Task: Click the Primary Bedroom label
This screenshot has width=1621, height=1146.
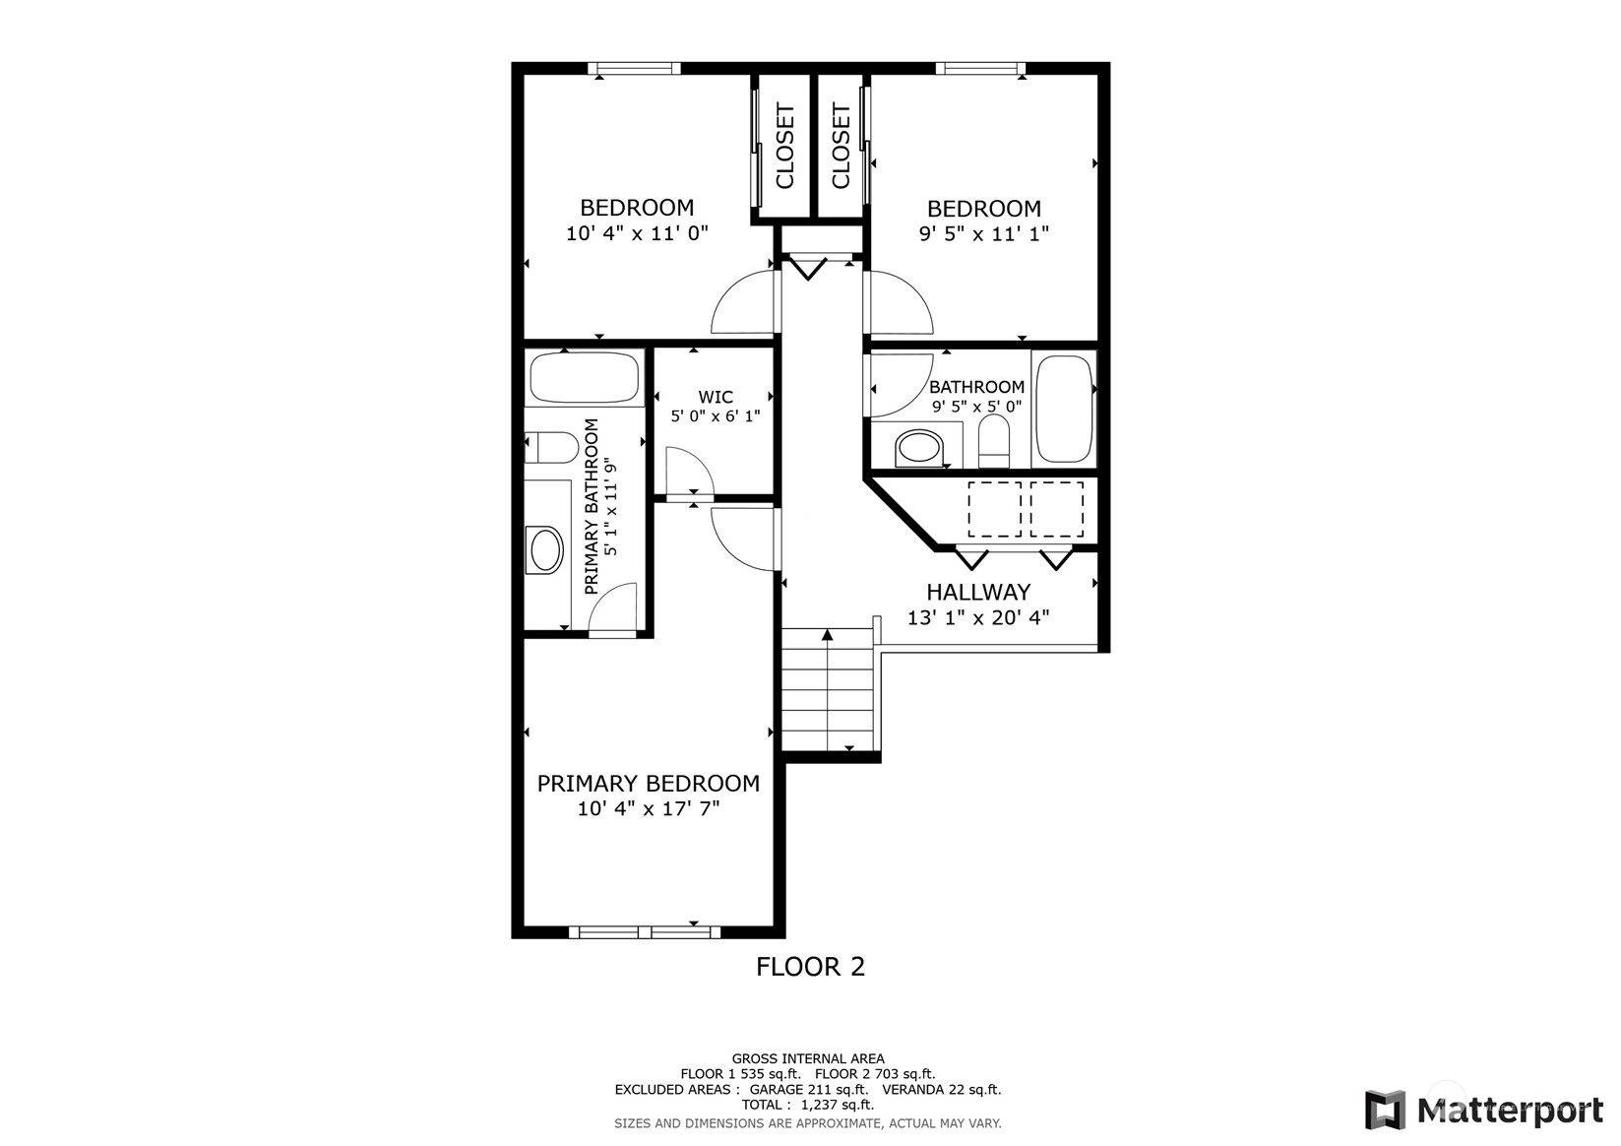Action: pyautogui.click(x=649, y=784)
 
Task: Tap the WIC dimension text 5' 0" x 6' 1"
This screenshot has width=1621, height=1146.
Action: pyautogui.click(x=716, y=416)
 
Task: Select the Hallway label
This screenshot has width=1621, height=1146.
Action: pyautogui.click(x=978, y=592)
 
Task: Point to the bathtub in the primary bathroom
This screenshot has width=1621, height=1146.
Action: pyautogui.click(x=585, y=377)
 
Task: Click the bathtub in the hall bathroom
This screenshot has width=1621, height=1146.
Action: pyautogui.click(x=1064, y=409)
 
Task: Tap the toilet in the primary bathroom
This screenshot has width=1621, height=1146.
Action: pyautogui.click(x=551, y=447)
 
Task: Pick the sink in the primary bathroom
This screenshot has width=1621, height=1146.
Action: pyautogui.click(x=546, y=550)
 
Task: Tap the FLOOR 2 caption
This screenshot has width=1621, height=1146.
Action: pyautogui.click(x=811, y=967)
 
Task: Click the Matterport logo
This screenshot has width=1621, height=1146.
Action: pyautogui.click(x=1483, y=1110)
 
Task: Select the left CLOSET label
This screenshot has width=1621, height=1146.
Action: pyautogui.click(x=785, y=147)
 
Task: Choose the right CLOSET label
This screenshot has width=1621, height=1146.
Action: pyautogui.click(x=841, y=147)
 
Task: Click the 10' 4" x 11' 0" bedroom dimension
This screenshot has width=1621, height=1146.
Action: pyautogui.click(x=637, y=233)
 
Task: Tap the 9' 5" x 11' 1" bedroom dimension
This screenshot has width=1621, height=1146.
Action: pyautogui.click(x=984, y=234)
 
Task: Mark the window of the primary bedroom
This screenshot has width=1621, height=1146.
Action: pyautogui.click(x=645, y=932)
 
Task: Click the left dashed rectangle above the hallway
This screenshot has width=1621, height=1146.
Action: pyautogui.click(x=995, y=510)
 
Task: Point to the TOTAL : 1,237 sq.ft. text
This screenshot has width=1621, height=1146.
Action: pyautogui.click(x=808, y=1105)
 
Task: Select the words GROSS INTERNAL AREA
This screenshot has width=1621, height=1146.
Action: pyautogui.click(x=808, y=1058)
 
